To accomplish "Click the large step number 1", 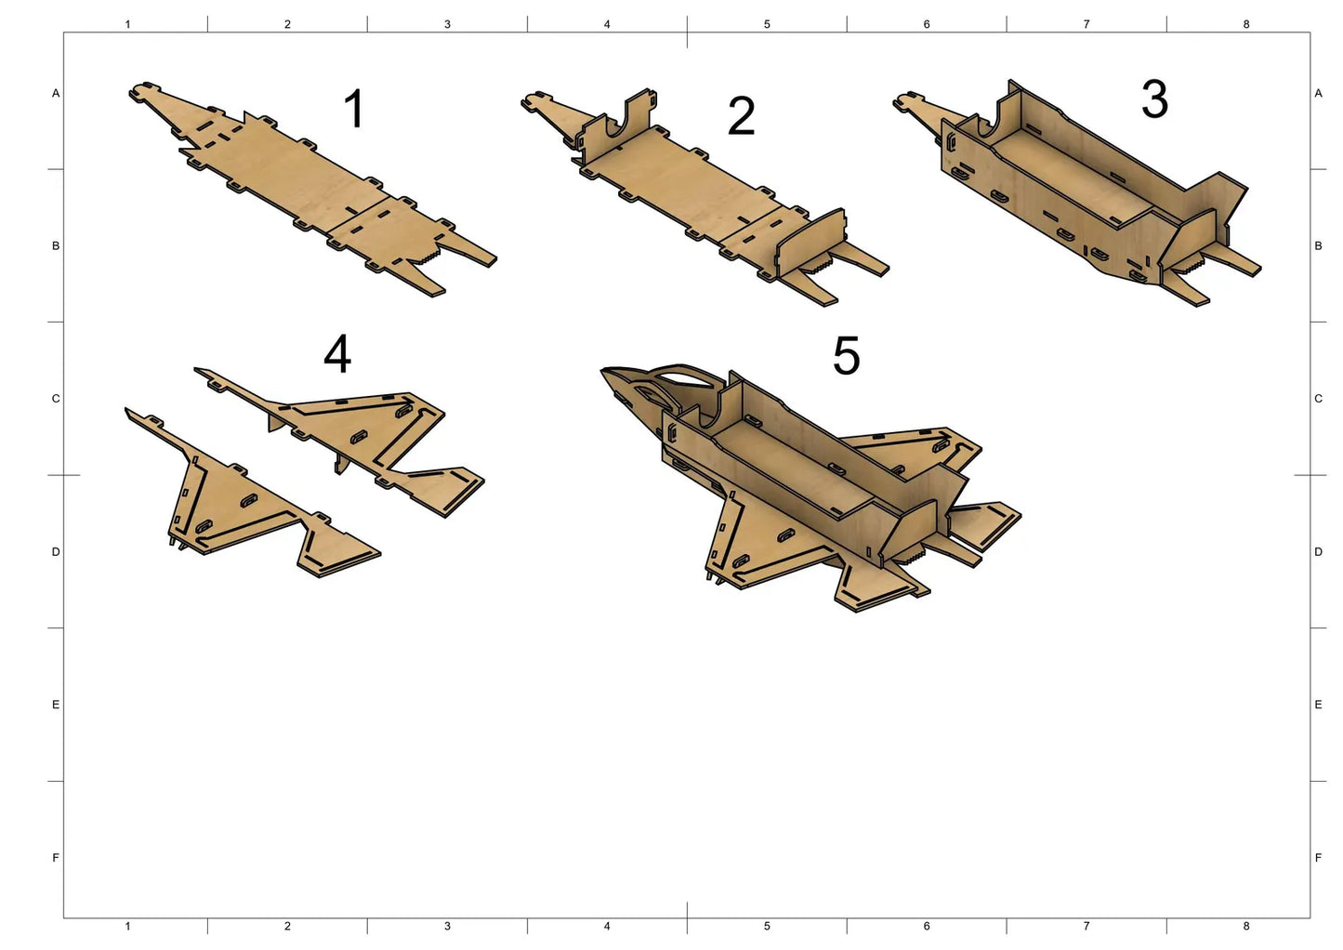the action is pyautogui.click(x=355, y=109).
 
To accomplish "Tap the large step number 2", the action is pyautogui.click(x=741, y=116).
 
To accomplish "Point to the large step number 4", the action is pyautogui.click(x=337, y=353).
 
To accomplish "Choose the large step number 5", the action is pyautogui.click(x=846, y=356).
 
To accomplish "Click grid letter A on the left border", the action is pyautogui.click(x=56, y=94).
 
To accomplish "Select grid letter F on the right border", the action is pyautogui.click(x=1318, y=858).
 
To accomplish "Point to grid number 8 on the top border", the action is pyautogui.click(x=1245, y=24).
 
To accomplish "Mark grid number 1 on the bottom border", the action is pyautogui.click(x=127, y=927).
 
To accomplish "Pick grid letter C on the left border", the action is pyautogui.click(x=56, y=399).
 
